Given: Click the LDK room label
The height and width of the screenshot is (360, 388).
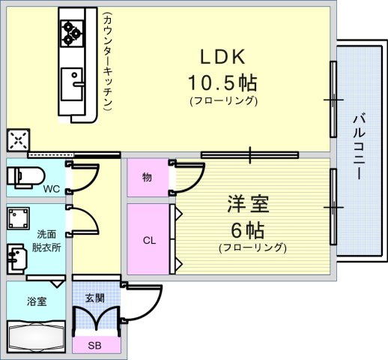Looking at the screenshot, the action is tap(222, 57).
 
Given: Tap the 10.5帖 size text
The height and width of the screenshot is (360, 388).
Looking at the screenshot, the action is tap(222, 82).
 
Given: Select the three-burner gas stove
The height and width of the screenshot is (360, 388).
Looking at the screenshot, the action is tap(72, 33).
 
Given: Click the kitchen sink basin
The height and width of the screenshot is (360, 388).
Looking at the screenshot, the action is tap(72, 84).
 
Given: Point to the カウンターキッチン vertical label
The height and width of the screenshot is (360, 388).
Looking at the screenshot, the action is tap(108, 61).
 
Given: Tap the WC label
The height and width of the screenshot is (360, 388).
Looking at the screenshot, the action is tap(52, 189).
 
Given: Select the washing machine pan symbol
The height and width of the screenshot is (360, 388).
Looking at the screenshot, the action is tap(18, 218).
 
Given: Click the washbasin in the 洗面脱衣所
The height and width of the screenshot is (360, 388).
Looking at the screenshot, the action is tap(16, 259).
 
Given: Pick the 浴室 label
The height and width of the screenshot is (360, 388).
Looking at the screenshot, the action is tap(37, 301).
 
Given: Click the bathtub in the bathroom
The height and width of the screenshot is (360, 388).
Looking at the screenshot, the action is tap(36, 337).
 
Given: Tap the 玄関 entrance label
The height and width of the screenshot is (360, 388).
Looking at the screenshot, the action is tap(94, 298).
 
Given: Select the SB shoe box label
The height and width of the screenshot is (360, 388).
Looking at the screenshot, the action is tap(94, 345).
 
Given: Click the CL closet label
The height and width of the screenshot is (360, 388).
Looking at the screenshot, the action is tap(149, 241).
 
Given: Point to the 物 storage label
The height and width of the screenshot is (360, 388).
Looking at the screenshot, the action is tap(147, 178).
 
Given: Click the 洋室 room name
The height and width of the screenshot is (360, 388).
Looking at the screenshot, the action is tap(248, 204).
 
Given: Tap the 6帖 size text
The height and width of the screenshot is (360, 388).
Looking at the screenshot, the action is tap(247, 230).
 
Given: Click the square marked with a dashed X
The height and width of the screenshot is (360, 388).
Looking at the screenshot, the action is tap(18, 140).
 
